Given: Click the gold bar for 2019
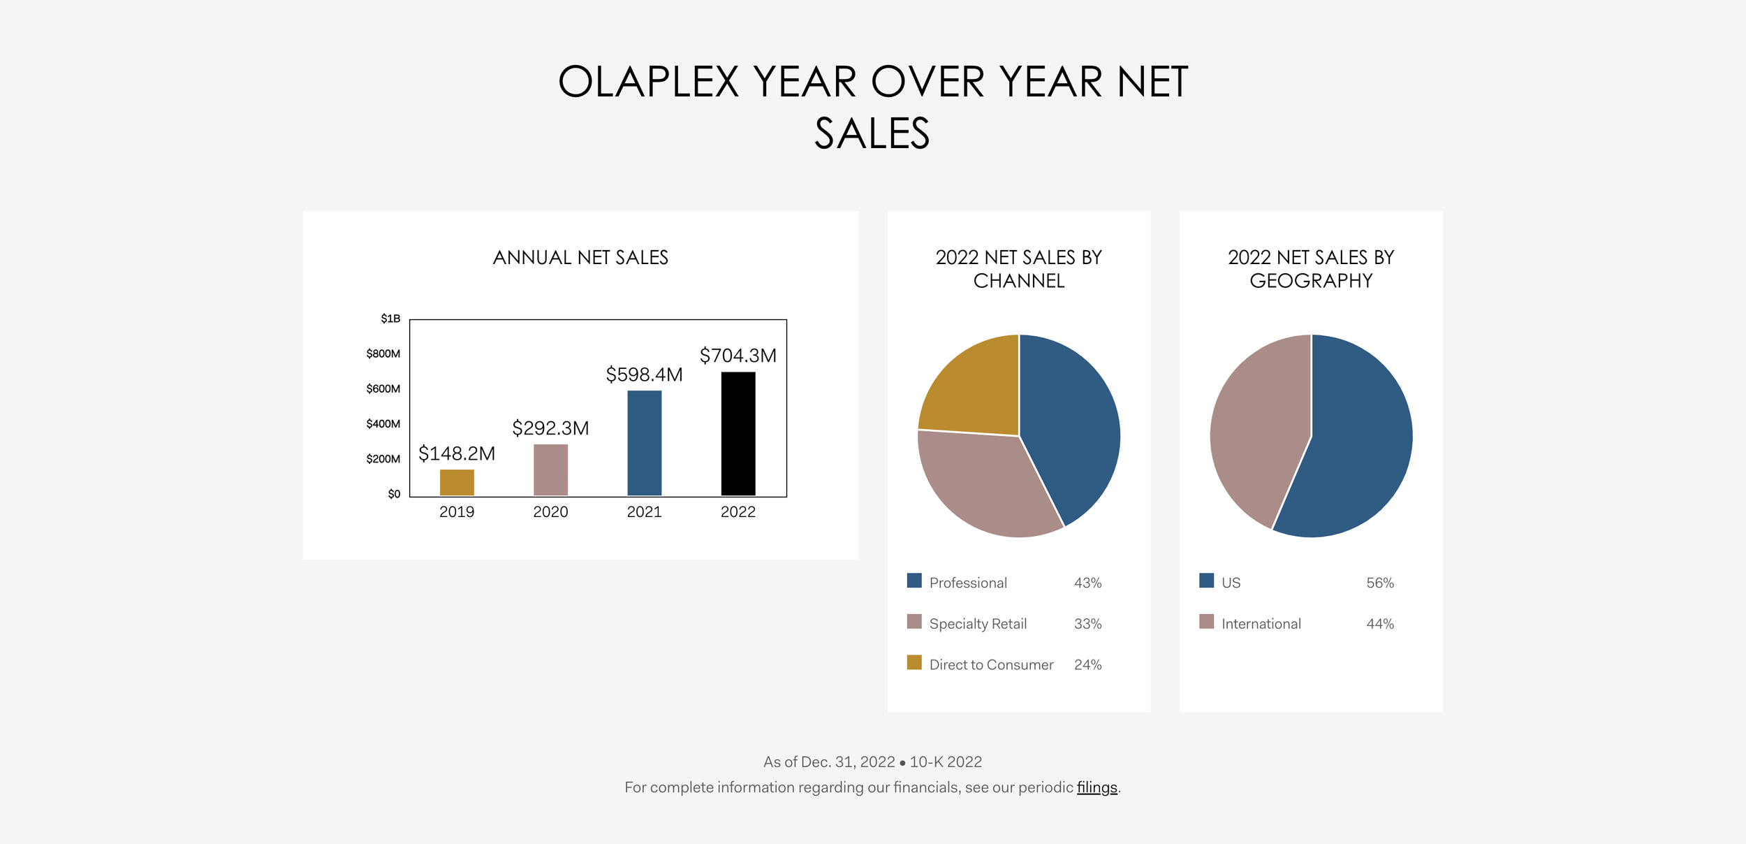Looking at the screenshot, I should (x=457, y=482).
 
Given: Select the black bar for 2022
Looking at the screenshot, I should (x=738, y=433).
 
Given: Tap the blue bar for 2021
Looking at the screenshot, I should (x=644, y=443).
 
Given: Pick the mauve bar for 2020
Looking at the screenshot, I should (x=550, y=470).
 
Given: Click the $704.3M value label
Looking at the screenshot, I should (x=738, y=356).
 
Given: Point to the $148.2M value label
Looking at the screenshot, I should (x=457, y=453).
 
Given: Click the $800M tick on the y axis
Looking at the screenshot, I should (x=383, y=354).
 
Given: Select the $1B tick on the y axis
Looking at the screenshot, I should (x=390, y=319).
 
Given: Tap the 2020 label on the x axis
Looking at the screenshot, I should (x=550, y=511).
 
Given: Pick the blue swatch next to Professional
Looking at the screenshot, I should (x=914, y=581).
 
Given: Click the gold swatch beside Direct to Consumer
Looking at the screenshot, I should (x=914, y=662).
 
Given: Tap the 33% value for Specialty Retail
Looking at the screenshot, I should (x=1087, y=623).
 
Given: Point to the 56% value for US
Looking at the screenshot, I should (x=1379, y=583).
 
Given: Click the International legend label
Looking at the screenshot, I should (x=1261, y=623).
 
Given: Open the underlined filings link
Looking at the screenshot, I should (x=1096, y=787).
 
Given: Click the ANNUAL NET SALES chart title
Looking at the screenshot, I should (x=580, y=257).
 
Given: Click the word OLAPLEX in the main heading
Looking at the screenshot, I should (x=648, y=82).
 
